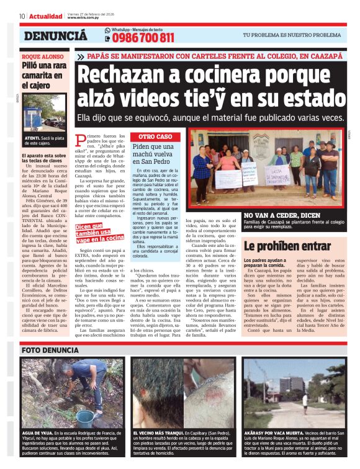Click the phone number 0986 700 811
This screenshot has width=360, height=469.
[x=143, y=39]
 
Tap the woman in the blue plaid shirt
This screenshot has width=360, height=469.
[x=202, y=167]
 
